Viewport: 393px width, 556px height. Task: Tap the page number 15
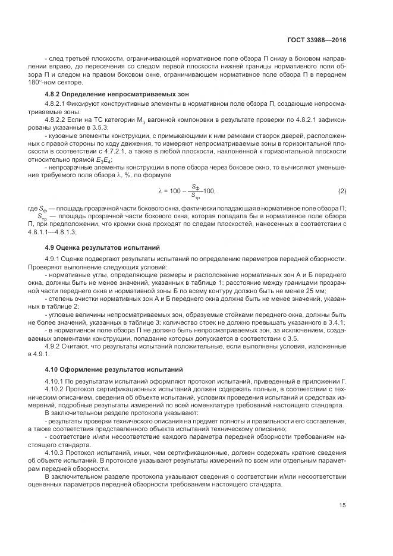342,505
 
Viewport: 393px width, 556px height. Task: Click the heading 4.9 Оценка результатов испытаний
99,246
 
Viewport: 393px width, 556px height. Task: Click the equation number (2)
342,191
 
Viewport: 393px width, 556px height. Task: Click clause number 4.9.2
54,346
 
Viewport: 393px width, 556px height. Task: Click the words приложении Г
323,379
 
